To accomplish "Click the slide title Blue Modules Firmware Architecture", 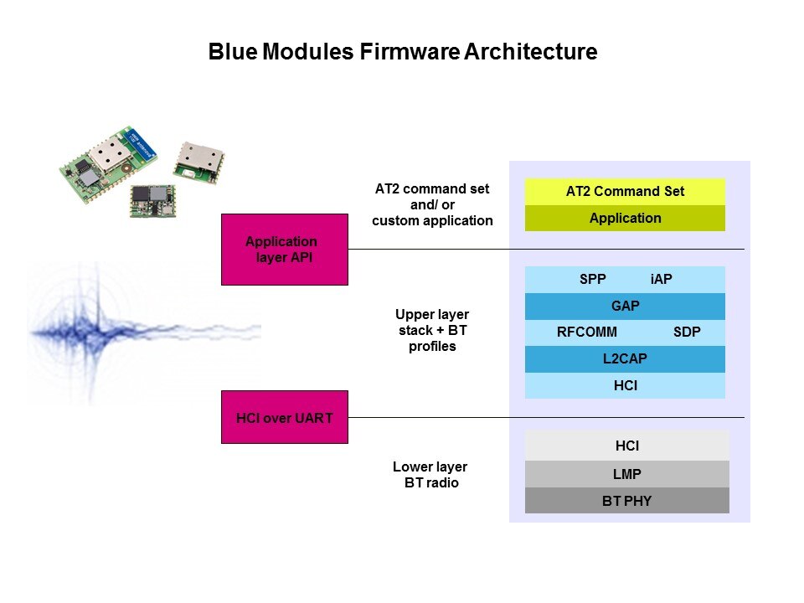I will coord(402,53).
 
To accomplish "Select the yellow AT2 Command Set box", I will coord(625,192).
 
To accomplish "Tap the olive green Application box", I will coord(625,219).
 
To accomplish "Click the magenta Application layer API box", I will coord(284,250).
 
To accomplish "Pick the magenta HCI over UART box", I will coord(284,417).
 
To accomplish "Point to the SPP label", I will coord(592,280).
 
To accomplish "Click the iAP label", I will coord(661,280).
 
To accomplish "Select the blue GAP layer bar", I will coord(625,307).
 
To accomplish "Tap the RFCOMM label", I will coord(586,332).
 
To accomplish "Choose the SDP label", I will coord(687,332).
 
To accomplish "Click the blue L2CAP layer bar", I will coord(625,359).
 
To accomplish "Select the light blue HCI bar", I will coord(625,386).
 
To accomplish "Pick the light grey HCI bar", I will coord(626,447).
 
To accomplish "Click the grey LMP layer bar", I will coord(626,475).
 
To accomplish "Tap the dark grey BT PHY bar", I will coord(626,501).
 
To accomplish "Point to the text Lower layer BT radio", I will coord(430,475).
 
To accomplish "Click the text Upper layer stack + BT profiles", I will coord(432,330).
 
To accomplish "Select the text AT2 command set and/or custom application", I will coord(432,205).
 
